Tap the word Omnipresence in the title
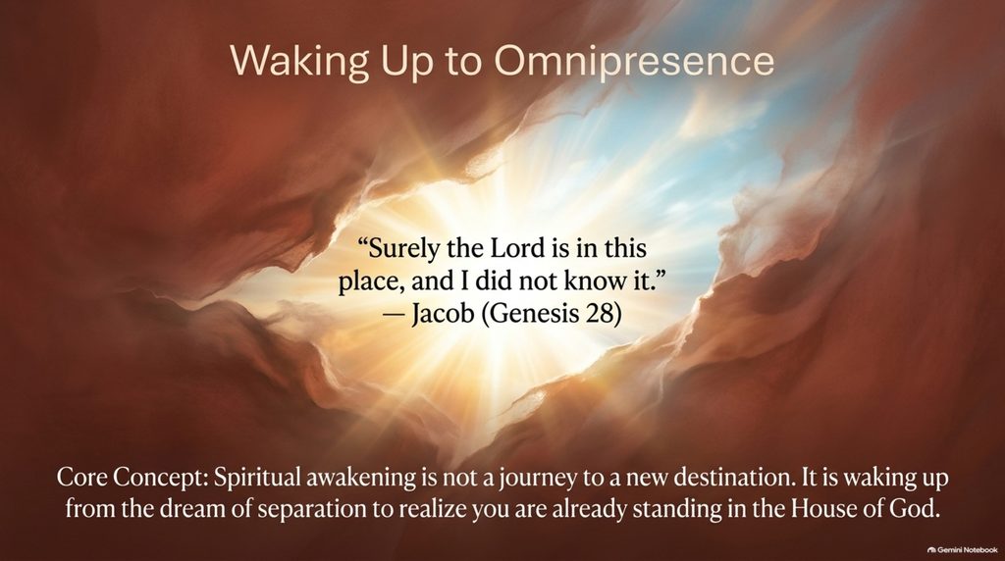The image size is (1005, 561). pyautogui.click(x=634, y=62)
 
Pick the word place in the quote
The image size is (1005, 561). pyautogui.click(x=370, y=281)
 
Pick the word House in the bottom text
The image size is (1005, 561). pyautogui.click(x=822, y=509)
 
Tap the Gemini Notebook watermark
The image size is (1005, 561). pyautogui.click(x=962, y=550)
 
